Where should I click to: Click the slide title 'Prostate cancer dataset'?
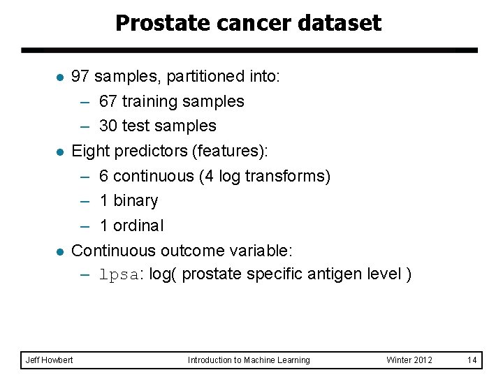pyautogui.click(x=248, y=23)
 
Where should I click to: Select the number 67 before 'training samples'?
pyautogui.click(x=108, y=101)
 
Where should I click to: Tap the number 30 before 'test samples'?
pyautogui.click(x=108, y=126)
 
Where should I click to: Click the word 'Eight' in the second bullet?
pyautogui.click(x=89, y=151)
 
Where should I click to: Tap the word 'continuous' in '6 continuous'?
pyautogui.click(x=153, y=176)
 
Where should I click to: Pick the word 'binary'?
pyautogui.click(x=136, y=201)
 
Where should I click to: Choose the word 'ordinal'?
pyautogui.click(x=138, y=226)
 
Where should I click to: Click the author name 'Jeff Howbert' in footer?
pyautogui.click(x=49, y=360)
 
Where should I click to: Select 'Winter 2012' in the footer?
pyautogui.click(x=409, y=360)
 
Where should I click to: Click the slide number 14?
pyautogui.click(x=472, y=360)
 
